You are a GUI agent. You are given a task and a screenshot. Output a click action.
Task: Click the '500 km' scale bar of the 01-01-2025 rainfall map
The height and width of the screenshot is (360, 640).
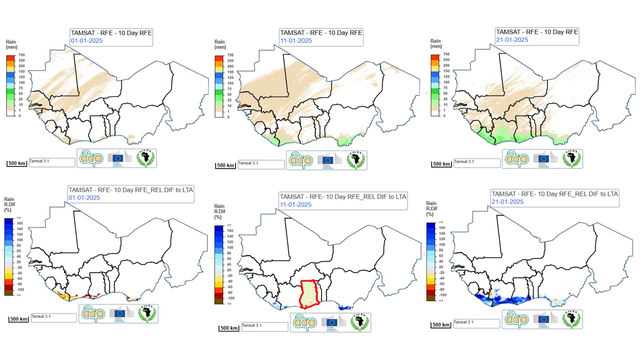pos(18,163)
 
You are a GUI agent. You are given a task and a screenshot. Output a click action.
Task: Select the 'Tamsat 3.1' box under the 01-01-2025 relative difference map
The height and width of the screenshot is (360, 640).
pos(51,317)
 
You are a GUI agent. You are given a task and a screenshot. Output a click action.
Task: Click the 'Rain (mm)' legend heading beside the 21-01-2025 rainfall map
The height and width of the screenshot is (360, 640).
pos(435,44)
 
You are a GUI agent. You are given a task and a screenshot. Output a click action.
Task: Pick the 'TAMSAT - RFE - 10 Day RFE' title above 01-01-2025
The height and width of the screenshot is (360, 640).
pos(111,33)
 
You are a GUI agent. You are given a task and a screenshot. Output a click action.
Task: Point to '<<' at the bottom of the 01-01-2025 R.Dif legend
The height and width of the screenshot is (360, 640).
pos(18,295)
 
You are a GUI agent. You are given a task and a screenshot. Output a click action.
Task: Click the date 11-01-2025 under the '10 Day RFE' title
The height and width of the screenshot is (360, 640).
pos(296,41)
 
